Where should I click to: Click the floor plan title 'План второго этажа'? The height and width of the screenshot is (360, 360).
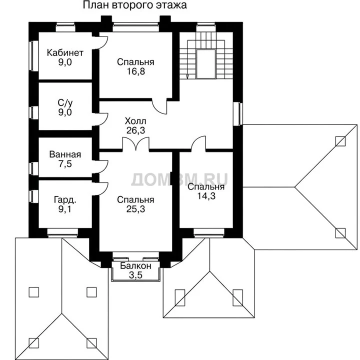(x=135, y=5)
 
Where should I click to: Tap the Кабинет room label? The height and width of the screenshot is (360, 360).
(x=65, y=53)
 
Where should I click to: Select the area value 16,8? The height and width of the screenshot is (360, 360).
(x=136, y=71)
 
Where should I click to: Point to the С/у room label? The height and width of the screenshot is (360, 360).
(x=65, y=103)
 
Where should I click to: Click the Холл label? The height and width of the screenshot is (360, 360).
(x=135, y=121)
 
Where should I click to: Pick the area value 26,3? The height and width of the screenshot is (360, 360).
(x=135, y=130)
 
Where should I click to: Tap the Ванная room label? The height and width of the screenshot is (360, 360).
(x=65, y=154)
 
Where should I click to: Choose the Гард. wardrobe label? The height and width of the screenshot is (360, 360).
(x=65, y=200)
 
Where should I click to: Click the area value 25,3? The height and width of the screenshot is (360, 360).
(x=135, y=209)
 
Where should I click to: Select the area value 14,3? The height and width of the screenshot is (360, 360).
(x=206, y=196)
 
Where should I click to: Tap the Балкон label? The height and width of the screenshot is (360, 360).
(x=135, y=266)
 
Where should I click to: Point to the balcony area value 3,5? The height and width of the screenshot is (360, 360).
(x=135, y=275)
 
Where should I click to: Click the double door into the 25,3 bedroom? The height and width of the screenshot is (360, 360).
(x=136, y=144)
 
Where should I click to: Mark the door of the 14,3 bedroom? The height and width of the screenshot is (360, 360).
(x=198, y=143)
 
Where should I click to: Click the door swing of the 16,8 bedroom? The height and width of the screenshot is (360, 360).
(x=159, y=105)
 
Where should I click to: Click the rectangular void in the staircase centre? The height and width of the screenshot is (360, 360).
(x=206, y=64)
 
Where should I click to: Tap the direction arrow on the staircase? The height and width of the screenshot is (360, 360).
(x=187, y=77)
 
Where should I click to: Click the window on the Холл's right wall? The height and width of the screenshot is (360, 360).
(x=238, y=113)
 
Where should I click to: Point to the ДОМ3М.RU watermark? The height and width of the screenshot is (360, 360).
(x=179, y=179)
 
